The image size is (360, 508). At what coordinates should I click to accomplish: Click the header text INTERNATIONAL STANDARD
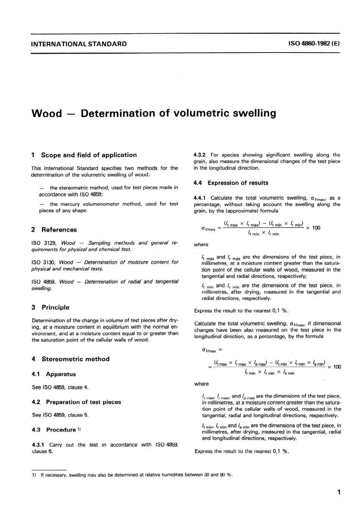[79, 44]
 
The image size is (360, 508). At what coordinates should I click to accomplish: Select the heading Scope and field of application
[89, 155]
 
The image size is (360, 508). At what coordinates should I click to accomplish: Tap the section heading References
[59, 230]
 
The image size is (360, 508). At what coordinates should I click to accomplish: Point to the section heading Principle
[55, 307]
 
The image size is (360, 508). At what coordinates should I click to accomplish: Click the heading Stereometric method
[75, 359]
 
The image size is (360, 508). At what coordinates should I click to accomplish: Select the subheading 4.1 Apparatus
[54, 374]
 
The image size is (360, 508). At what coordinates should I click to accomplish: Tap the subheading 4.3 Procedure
[54, 430]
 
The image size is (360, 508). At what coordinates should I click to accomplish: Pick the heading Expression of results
[238, 183]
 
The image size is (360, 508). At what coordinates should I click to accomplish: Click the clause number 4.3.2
[199, 155]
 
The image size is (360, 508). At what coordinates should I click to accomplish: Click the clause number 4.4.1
[199, 198]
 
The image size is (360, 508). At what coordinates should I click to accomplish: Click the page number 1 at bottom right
[339, 492]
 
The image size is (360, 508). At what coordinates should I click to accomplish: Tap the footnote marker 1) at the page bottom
[34, 475]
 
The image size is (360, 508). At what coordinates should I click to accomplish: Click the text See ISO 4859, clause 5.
[60, 415]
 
